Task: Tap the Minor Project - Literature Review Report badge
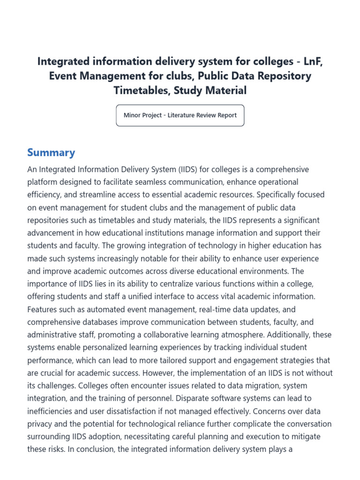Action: [180, 115]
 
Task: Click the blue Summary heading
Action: [51, 152]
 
